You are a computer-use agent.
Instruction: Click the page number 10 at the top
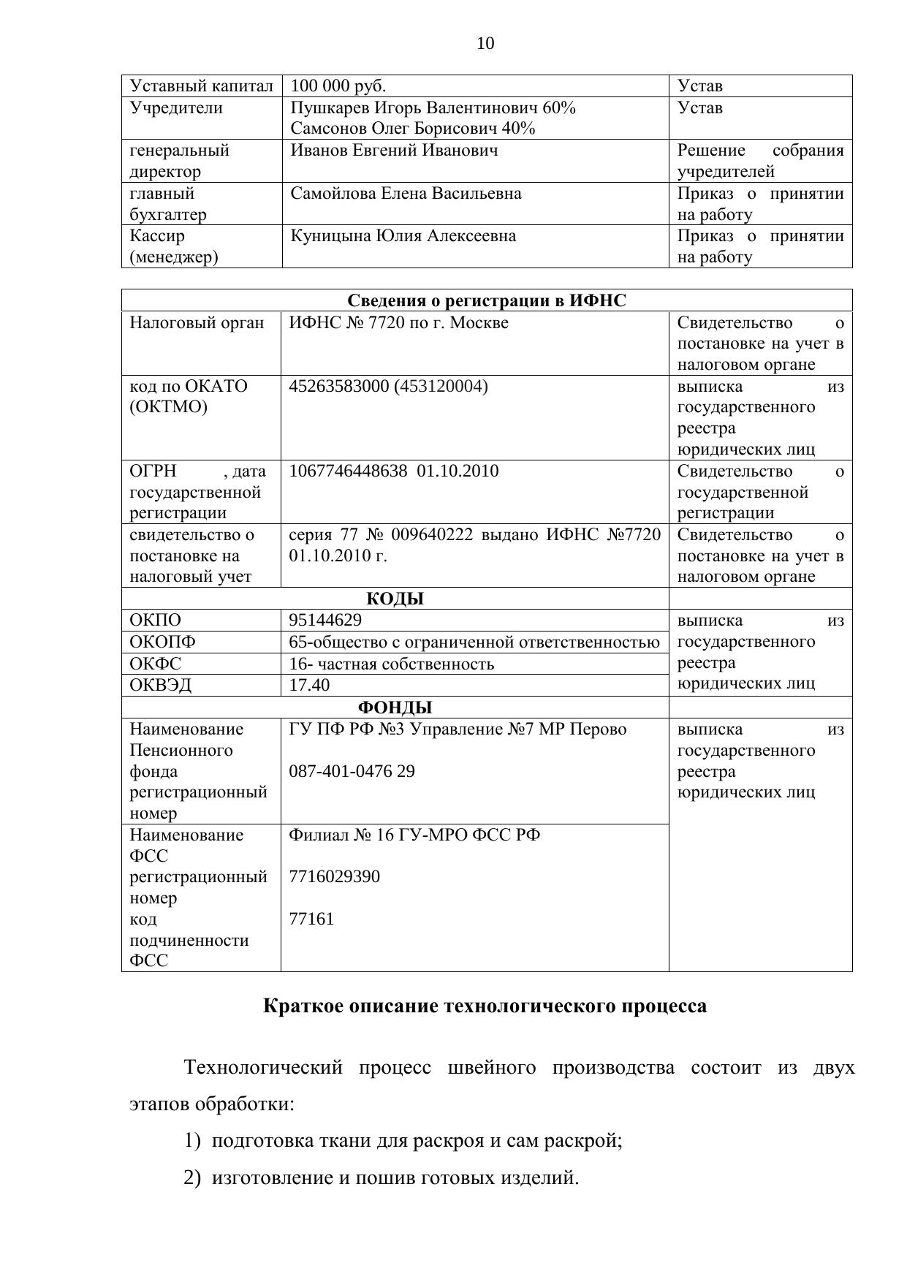click(x=485, y=44)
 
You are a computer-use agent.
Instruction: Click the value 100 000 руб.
click(x=338, y=86)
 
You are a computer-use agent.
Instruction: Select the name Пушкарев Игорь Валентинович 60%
click(x=433, y=108)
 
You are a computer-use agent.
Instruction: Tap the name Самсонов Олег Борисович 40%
click(x=412, y=129)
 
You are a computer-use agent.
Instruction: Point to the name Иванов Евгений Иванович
click(x=394, y=151)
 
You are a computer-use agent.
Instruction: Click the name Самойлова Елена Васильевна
click(x=406, y=194)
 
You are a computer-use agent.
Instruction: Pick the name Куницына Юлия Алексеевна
click(x=403, y=236)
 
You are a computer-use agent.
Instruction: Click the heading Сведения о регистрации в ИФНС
click(x=486, y=301)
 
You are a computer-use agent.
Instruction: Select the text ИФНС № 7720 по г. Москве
click(x=398, y=323)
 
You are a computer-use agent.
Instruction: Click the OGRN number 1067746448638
click(x=348, y=471)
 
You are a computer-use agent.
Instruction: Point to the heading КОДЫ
click(x=395, y=599)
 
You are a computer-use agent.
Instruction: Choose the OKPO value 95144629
click(x=325, y=621)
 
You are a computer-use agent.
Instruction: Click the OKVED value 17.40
click(x=309, y=686)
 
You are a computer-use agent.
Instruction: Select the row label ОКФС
click(x=156, y=664)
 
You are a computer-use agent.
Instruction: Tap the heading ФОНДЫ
click(x=395, y=708)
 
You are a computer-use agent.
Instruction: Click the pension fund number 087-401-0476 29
click(x=352, y=772)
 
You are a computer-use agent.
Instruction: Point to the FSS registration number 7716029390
click(x=334, y=877)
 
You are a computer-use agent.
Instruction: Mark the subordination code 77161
click(x=311, y=919)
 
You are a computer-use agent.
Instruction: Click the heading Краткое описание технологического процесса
click(x=485, y=1006)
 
